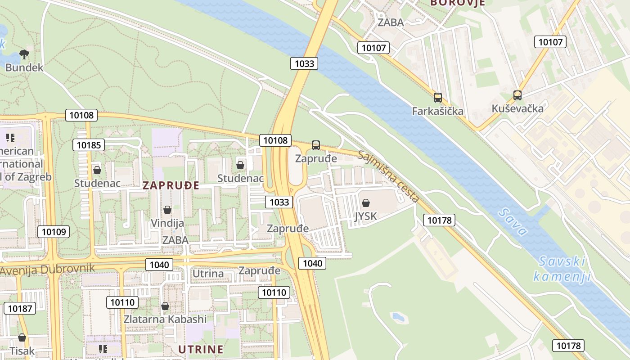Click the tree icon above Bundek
click(24, 55)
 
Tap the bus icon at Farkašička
click(437, 97)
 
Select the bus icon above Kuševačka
click(517, 95)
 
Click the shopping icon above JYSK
click(366, 203)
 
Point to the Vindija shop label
click(167, 223)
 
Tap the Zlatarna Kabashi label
click(165, 319)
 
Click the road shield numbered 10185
click(89, 145)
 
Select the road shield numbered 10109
click(54, 232)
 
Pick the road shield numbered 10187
click(20, 308)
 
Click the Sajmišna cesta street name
click(389, 176)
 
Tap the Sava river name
click(513, 222)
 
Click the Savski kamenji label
click(562, 269)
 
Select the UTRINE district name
click(201, 349)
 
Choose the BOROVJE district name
click(458, 3)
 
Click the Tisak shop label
click(22, 351)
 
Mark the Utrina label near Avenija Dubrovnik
click(208, 274)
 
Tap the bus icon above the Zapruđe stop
click(316, 145)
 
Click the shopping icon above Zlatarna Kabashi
click(165, 306)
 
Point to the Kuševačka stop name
click(517, 108)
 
